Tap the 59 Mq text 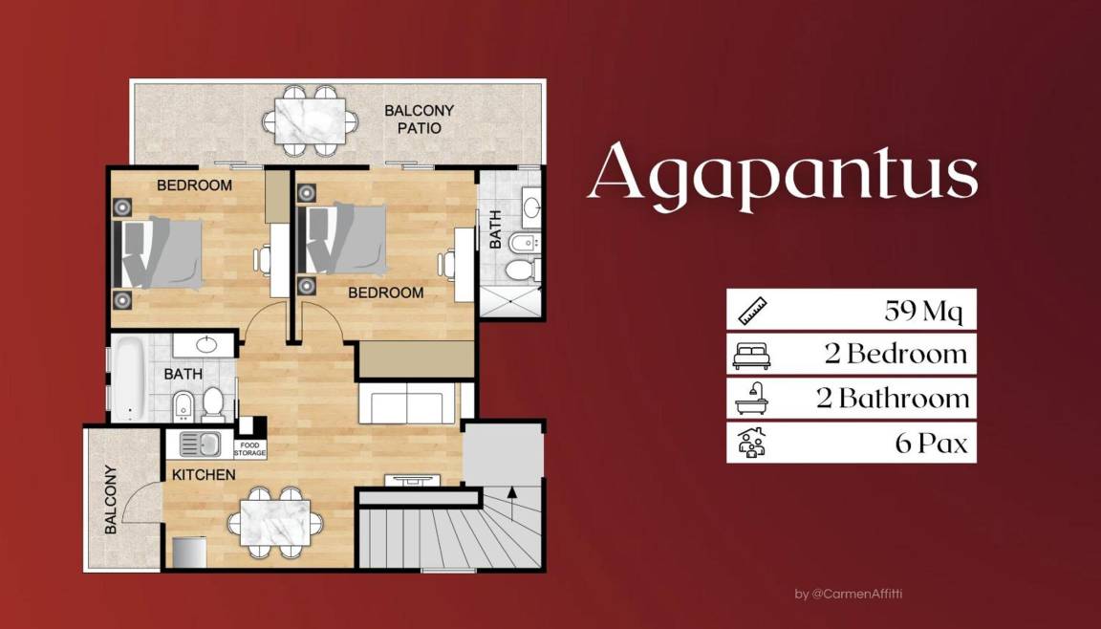925,310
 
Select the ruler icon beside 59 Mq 752,310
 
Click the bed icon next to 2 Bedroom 752,355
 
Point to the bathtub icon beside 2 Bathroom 752,399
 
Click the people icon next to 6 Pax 752,443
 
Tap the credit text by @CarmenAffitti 848,594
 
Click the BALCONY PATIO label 419,119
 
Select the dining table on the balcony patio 313,120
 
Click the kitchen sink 200,444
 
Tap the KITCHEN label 204,474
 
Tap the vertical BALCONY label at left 111,499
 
